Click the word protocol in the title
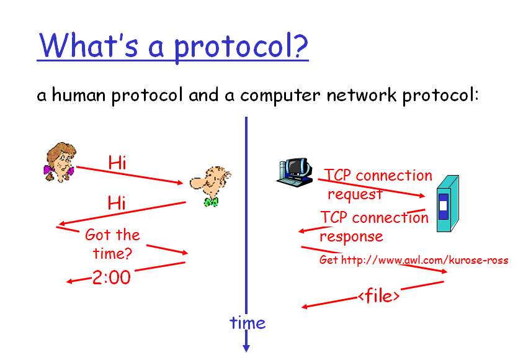(x=241, y=47)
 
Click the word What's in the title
(x=89, y=45)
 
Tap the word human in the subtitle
(x=79, y=94)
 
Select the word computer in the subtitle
(x=280, y=96)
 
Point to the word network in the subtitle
(x=362, y=95)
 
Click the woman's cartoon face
(x=60, y=162)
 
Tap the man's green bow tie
(x=211, y=202)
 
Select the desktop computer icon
(x=295, y=172)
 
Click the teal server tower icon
(x=448, y=204)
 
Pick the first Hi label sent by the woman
(x=117, y=163)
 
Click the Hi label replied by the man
(x=117, y=203)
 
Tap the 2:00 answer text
(x=111, y=277)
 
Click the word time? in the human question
(x=112, y=253)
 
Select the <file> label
(x=379, y=295)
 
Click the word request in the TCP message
(x=355, y=194)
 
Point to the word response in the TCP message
(x=351, y=236)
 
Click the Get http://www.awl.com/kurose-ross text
(x=414, y=260)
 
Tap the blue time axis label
(x=248, y=323)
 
